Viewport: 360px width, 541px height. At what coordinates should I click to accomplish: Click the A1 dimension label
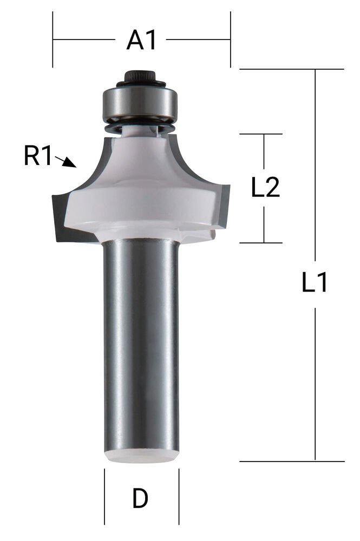141,40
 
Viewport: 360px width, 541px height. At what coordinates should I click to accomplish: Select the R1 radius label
37,157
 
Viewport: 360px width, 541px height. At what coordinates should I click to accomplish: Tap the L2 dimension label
265,188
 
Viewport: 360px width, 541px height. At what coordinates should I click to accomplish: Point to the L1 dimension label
315,283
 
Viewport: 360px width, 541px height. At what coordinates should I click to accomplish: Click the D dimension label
140,499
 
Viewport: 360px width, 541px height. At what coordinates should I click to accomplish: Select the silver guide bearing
141,103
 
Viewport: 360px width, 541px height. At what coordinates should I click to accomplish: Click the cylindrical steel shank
141,346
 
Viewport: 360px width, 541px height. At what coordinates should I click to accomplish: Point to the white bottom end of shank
141,456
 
